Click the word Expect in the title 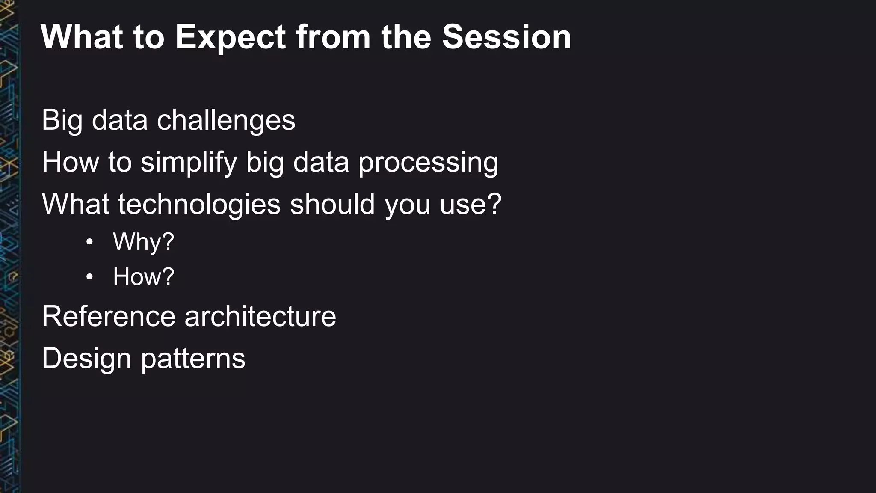230,37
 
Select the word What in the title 82,37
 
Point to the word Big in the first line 62,121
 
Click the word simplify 189,163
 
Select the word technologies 199,205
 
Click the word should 332,204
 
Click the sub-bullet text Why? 143,242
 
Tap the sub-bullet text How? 143,276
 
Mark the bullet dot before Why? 89,242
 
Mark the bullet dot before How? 89,277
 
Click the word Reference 109,317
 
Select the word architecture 260,317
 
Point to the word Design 86,359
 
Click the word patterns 193,359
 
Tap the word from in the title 333,37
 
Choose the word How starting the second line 70,163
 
